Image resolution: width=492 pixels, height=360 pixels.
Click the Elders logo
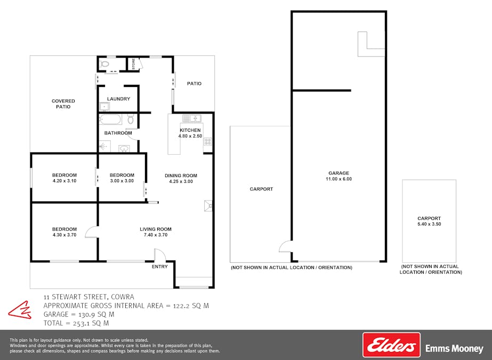391,345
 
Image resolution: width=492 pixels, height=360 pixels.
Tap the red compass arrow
20,310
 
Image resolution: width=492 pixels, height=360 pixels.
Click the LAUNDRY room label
119,99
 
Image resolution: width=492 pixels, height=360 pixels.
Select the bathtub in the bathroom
110,119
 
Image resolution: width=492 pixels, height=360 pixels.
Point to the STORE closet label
134,64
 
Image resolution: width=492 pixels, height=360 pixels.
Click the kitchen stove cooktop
208,141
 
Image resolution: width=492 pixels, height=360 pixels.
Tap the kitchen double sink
192,118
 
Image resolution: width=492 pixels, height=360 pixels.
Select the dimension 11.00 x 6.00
338,179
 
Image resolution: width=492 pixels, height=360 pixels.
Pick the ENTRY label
160,267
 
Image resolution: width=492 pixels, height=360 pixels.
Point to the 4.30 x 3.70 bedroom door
92,232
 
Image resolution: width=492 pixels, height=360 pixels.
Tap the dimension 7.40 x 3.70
156,235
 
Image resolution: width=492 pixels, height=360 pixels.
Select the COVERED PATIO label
63,104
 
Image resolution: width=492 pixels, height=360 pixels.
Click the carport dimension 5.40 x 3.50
429,224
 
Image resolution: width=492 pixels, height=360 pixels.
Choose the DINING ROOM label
181,176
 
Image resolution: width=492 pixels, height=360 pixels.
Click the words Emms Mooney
454,348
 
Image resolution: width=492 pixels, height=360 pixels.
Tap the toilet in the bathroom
131,119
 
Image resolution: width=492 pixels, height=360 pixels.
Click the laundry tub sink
104,107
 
